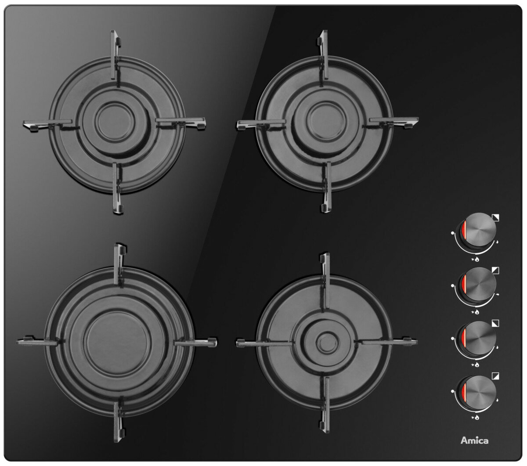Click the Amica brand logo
tap(474, 441)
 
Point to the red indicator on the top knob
tap(463, 230)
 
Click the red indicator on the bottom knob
tap(463, 392)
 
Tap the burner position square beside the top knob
tap(495, 217)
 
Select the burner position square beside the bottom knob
tap(495, 376)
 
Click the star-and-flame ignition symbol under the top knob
tap(475, 260)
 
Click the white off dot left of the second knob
tap(453, 285)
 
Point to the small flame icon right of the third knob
tap(497, 347)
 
